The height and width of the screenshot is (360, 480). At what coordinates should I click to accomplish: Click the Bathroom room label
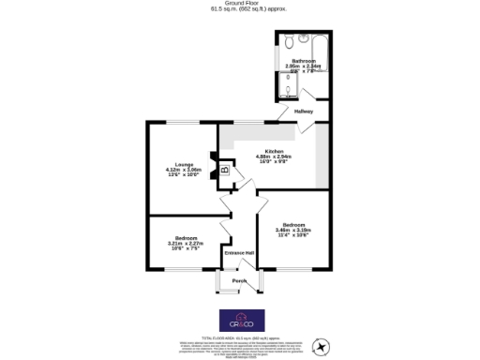pyautogui.click(x=303, y=61)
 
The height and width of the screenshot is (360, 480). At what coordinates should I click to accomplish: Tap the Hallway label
pyautogui.click(x=304, y=112)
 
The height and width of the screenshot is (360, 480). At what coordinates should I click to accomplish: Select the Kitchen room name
pyautogui.click(x=275, y=151)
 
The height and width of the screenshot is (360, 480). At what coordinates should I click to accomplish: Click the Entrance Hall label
pyautogui.click(x=239, y=254)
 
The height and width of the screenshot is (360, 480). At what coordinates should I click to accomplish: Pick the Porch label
pyautogui.click(x=239, y=280)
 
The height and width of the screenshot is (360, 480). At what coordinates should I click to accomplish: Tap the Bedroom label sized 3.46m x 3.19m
pyautogui.click(x=293, y=224)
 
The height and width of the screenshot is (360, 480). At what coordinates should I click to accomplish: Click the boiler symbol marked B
pyautogui.click(x=224, y=170)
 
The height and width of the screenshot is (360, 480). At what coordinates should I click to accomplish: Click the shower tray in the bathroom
pyautogui.click(x=285, y=90)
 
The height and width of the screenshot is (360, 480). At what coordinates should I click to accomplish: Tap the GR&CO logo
pyautogui.click(x=239, y=319)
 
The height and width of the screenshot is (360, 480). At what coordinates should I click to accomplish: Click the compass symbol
pyautogui.click(x=322, y=346)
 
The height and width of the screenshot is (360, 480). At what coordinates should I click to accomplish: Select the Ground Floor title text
pyautogui.click(x=240, y=4)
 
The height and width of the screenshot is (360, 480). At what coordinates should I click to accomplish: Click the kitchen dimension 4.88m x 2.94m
pyautogui.click(x=275, y=157)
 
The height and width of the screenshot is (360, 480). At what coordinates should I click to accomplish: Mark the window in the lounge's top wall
pyautogui.click(x=183, y=122)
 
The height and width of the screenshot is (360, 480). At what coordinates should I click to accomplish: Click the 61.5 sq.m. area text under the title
pyautogui.click(x=240, y=9)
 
